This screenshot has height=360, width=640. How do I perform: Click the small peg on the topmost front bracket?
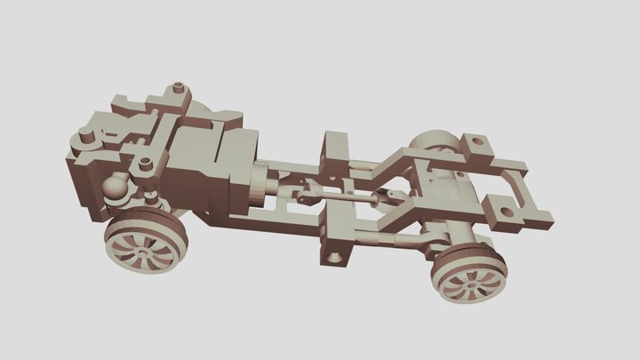click(180, 87)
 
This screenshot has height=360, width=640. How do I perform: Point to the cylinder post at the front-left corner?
click(85, 137)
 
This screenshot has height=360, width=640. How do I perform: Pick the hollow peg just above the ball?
click(140, 164)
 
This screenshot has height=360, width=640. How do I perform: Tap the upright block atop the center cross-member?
click(336, 146)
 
